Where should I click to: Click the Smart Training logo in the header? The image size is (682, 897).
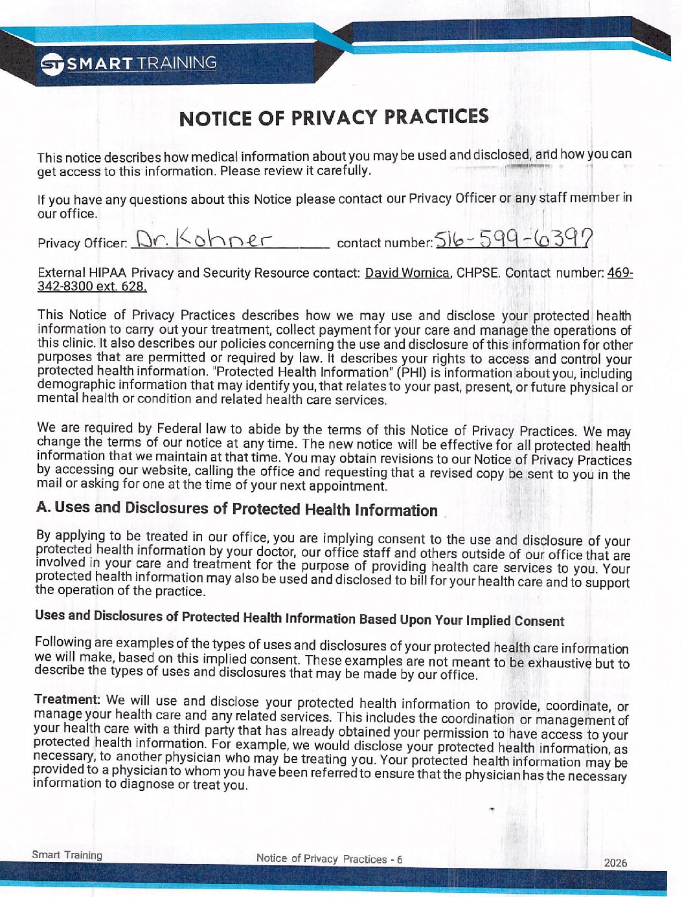tap(128, 63)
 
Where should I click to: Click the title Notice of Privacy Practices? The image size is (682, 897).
tap(334, 118)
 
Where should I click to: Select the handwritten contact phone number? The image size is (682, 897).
tap(513, 239)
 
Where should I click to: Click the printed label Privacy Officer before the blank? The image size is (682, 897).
tap(82, 243)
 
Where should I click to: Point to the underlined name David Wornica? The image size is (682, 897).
tap(407, 272)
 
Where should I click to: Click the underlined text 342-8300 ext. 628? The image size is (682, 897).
tap(92, 286)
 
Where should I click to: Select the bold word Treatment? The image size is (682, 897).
tap(67, 700)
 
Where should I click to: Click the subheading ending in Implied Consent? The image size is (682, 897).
tap(299, 618)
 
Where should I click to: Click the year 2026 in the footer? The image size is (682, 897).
tap(615, 862)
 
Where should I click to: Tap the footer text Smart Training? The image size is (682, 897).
tap(67, 855)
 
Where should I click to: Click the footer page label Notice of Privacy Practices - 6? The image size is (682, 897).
tap(329, 859)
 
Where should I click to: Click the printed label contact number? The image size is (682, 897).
tap(385, 243)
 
